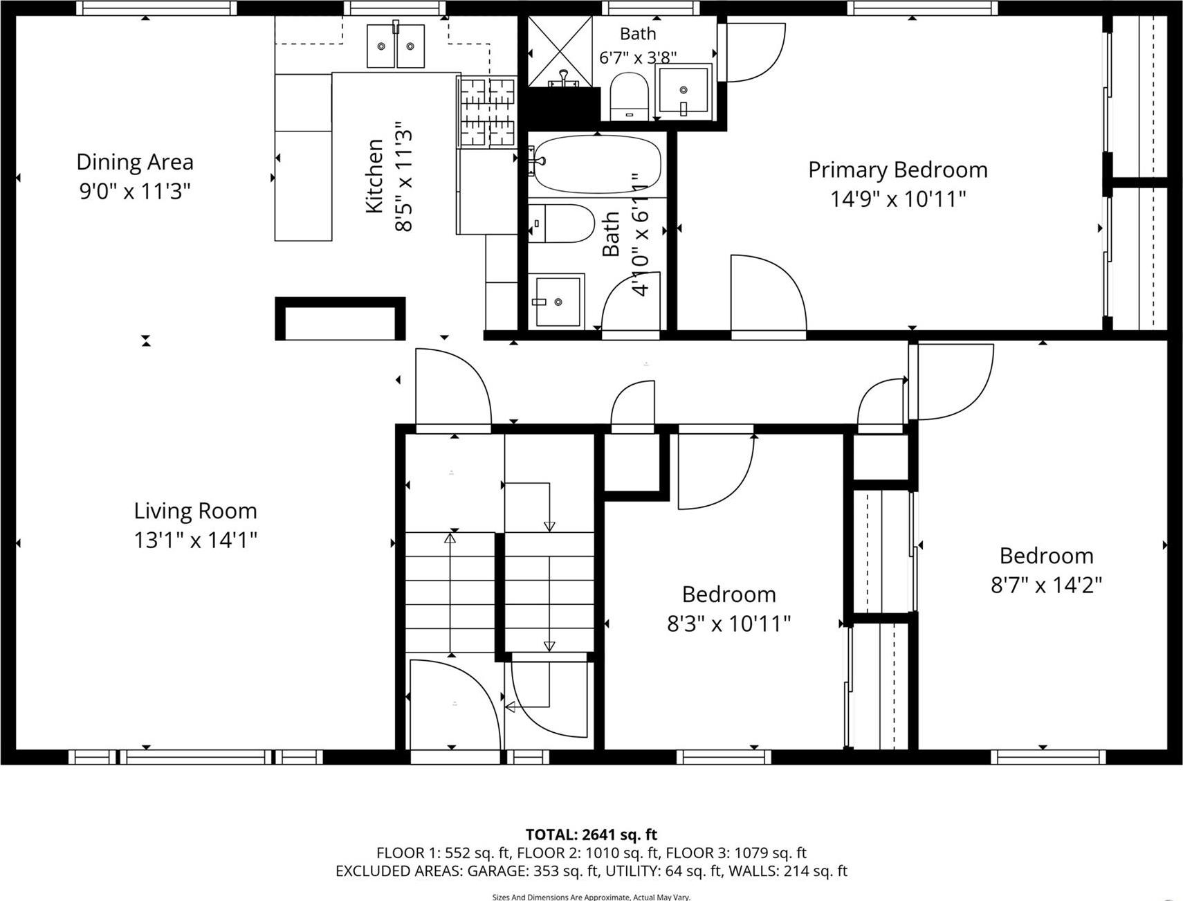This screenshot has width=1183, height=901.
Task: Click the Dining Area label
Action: point(135,162)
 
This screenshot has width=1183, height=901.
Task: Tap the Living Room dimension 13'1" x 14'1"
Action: point(195,540)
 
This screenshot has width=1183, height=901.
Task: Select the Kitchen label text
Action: point(374,176)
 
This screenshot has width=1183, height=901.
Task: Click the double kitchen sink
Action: point(395,46)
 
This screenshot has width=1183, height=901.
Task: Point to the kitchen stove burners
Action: point(488,111)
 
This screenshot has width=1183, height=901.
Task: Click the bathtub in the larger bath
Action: point(596,164)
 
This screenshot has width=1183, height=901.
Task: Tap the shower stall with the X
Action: point(560,52)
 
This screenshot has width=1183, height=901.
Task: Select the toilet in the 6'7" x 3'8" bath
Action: point(629,97)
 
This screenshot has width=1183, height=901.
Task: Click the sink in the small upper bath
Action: point(684,90)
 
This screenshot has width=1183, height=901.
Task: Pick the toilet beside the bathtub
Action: point(562,224)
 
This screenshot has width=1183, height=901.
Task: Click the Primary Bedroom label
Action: point(897,170)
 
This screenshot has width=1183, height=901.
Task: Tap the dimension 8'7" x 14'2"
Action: point(1046,585)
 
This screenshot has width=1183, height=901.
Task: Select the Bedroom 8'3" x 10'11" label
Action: point(728,594)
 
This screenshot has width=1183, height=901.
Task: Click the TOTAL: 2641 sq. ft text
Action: point(591,835)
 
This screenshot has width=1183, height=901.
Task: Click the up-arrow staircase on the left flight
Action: point(451,592)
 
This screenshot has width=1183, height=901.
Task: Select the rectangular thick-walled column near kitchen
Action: point(340,319)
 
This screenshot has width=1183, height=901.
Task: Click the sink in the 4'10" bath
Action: point(557,301)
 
